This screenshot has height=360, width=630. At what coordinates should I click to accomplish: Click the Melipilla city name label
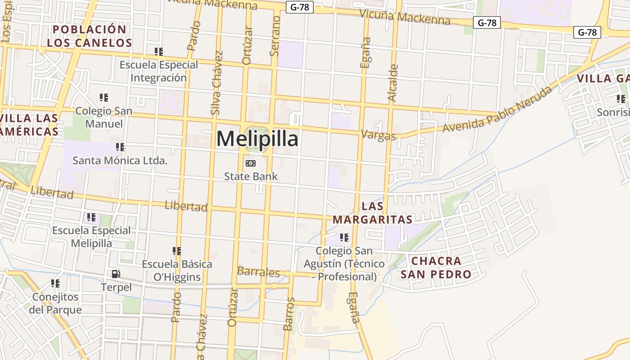coord(257,139)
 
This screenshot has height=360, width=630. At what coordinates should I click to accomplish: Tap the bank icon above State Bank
coord(250,163)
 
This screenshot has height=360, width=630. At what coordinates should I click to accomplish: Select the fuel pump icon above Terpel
coord(116,274)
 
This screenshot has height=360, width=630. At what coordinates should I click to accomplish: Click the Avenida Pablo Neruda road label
coord(497,110)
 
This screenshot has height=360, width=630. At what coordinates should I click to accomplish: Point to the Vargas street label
coord(378,135)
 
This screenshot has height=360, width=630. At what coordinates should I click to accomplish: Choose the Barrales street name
coord(258,272)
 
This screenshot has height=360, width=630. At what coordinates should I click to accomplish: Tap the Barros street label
coord(289,314)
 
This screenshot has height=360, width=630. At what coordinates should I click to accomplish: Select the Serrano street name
coord(275,36)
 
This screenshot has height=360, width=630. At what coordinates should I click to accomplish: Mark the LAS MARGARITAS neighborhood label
coord(373,213)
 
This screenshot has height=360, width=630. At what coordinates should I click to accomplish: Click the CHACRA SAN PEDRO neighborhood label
coord(436,267)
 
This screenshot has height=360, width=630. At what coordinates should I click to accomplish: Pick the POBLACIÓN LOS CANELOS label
coord(90,36)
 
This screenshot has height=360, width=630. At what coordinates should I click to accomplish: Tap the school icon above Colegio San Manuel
coord(104,97)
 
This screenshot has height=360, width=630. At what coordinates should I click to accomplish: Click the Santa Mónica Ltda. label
coord(120,160)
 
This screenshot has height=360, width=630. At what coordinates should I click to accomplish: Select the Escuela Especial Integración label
coord(158,71)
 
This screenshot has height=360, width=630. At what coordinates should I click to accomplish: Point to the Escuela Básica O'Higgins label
coord(177,270)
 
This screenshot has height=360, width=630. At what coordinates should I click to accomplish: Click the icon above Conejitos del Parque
coord(55,283)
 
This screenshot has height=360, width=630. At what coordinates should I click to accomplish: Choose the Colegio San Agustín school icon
coord(344,237)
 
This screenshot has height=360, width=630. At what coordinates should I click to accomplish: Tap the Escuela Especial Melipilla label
coord(91,237)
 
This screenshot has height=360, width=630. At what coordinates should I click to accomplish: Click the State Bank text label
coord(251,176)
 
